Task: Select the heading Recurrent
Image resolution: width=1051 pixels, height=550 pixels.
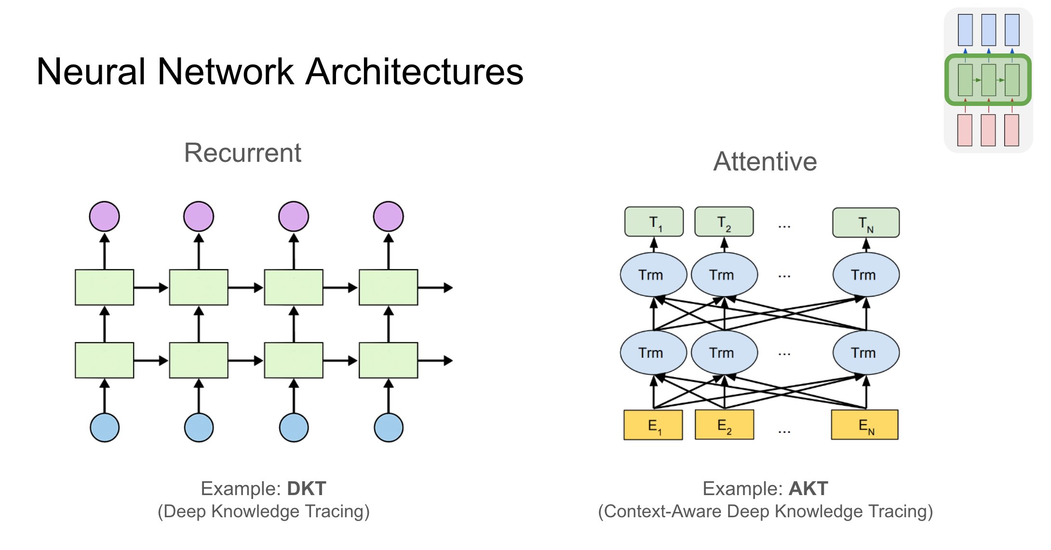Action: coord(243,153)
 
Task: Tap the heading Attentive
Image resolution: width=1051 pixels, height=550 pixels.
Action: coord(765,161)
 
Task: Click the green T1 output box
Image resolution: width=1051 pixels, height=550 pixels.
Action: coord(654,222)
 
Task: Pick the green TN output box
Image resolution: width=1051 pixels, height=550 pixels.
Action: coord(866,223)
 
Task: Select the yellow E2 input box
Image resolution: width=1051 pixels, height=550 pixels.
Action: coord(724,425)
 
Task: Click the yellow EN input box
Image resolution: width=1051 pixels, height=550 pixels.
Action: coord(864,425)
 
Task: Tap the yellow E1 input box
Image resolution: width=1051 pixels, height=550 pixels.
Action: coord(653,425)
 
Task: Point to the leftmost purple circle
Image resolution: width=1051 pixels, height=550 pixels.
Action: coord(105,217)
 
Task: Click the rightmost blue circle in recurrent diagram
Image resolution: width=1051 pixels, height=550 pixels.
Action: coord(389,428)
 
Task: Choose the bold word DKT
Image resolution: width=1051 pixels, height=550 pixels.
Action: coord(307,488)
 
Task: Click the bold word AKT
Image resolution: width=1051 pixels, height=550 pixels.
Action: coord(808,488)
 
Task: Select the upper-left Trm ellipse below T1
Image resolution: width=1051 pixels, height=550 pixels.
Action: coord(653,275)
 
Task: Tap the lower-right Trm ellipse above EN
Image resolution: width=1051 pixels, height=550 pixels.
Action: coord(866,353)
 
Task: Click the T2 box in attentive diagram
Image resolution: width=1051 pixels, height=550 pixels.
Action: coord(724,222)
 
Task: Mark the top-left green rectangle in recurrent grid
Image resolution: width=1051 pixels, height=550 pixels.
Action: coord(105,288)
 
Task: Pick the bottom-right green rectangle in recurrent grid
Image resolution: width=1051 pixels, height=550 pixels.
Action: coord(389,360)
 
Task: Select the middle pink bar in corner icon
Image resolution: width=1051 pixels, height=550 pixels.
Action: coord(988,130)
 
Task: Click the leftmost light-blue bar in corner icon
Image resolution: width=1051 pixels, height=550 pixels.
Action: coord(965,30)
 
